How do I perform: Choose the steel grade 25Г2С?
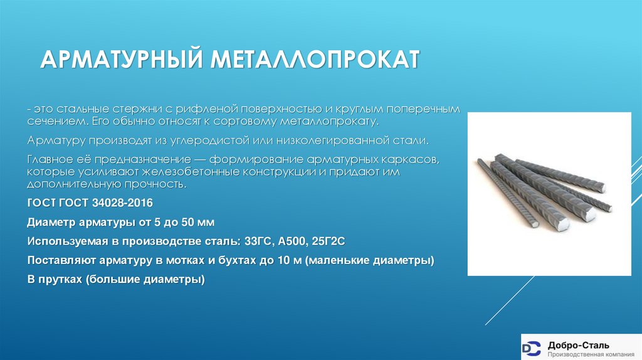pyautogui.click(x=329, y=241)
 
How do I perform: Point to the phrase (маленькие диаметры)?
pyautogui.click(x=370, y=260)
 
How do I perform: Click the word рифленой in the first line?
pyautogui.click(x=199, y=109)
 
